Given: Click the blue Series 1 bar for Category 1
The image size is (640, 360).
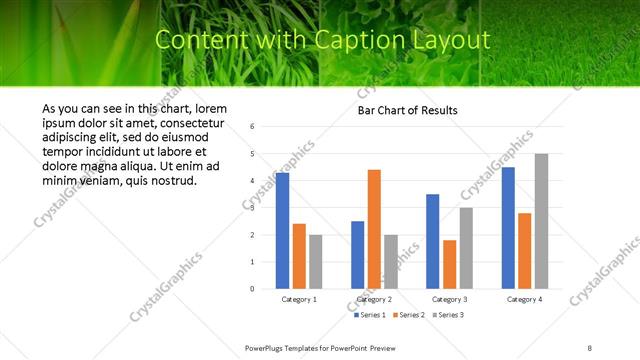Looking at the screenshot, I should click(x=282, y=231).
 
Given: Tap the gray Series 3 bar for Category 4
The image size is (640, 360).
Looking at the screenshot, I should click(x=541, y=221).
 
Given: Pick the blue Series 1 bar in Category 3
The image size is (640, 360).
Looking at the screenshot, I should click(x=433, y=241).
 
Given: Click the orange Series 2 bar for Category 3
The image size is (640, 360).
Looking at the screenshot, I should click(x=449, y=264).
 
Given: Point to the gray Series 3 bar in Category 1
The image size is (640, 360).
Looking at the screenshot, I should click(x=315, y=262).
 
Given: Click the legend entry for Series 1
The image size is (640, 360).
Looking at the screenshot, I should click(x=371, y=315).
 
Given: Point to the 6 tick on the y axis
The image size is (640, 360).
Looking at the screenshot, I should click(x=253, y=127).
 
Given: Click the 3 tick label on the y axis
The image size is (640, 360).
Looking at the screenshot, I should click(x=253, y=208).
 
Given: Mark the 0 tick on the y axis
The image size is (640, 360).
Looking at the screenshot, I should click(x=253, y=289).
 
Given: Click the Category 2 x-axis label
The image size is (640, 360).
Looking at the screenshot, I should click(x=374, y=299).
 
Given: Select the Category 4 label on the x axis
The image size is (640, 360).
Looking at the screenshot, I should click(x=524, y=299).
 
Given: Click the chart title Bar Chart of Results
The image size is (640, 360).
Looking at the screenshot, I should click(x=407, y=110).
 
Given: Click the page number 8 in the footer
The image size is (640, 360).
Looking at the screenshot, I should click(x=590, y=347).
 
